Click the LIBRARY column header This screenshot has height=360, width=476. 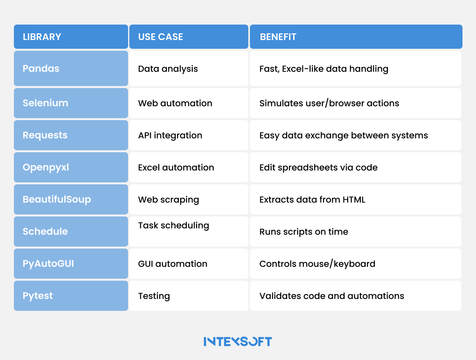tap(42, 37)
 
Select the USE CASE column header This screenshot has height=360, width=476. tap(161, 37)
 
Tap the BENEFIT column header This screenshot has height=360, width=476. tap(278, 37)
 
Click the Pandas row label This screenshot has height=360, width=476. tap(41, 68)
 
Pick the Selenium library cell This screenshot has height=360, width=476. tap(45, 103)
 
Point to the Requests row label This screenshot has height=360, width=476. tap(45, 135)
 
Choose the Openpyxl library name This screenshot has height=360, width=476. tap(46, 167)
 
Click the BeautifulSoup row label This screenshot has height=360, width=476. tap(57, 199)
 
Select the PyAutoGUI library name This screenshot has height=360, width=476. tap(48, 264)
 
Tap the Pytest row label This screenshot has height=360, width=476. tap(38, 296)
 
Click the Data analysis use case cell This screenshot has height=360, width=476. tap(168, 69)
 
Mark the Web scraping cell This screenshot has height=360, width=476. tap(169, 199)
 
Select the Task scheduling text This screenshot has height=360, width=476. tap(173, 226)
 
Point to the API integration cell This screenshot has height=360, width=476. tap(170, 135)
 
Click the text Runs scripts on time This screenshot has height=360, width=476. tap(304, 232)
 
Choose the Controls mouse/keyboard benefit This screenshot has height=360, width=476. tap(317, 264)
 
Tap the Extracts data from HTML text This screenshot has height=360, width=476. tap(312, 199)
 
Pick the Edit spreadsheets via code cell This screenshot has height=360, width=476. tap(319, 167)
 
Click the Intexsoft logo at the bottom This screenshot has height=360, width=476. tap(238, 341)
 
